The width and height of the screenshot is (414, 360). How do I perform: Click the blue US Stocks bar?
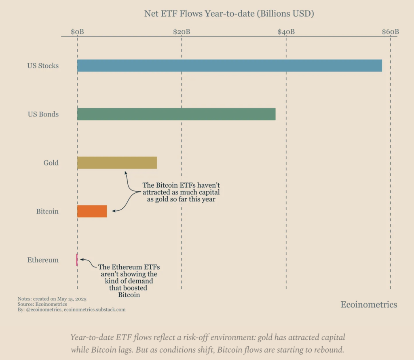[x=229, y=66]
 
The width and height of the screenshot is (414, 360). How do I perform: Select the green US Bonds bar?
[x=176, y=114]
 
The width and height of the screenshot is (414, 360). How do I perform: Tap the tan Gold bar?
[x=117, y=163]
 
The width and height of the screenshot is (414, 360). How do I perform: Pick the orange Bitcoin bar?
[x=92, y=211]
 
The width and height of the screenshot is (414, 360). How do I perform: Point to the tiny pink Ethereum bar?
[x=76, y=260]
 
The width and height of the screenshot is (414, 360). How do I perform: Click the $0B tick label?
[x=77, y=32]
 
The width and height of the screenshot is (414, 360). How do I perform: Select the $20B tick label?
[x=182, y=32]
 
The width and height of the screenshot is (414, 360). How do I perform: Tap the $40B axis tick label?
[x=286, y=32]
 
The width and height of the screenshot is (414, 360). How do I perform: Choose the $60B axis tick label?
[x=390, y=32]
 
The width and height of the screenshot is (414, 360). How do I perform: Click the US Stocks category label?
[x=43, y=66]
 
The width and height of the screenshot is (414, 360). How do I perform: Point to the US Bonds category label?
[x=43, y=114]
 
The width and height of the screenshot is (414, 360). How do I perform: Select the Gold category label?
[x=51, y=163]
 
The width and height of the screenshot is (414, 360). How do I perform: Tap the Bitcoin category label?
[x=47, y=211]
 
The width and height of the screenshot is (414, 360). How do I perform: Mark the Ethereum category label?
[x=43, y=260]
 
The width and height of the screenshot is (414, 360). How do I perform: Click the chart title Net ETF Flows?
[x=229, y=13]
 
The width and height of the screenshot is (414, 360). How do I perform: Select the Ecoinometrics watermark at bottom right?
[x=369, y=305]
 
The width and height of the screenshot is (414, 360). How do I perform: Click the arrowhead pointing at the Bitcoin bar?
[x=114, y=211]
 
